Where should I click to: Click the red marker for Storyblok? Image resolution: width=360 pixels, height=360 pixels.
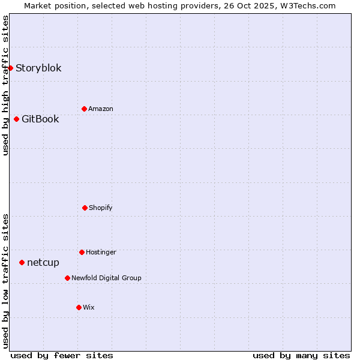coord(10,68)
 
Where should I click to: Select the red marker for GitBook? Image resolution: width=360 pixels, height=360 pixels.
coord(16,119)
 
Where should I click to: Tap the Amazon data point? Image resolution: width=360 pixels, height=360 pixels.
coord(84,109)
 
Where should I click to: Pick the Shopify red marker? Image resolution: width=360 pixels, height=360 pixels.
coord(85,208)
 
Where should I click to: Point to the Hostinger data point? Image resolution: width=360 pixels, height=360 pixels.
coord(82,252)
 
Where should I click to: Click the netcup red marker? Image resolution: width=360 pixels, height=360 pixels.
coord(22,262)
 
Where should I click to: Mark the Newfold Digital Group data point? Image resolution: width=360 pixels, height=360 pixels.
coord(67,278)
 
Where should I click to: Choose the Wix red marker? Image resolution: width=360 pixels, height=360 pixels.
coord(79,307)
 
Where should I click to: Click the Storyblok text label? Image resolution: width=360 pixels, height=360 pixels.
coord(38,68)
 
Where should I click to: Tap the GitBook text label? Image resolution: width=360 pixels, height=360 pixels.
coord(40,119)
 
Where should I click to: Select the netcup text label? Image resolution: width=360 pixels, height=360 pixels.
coord(43,262)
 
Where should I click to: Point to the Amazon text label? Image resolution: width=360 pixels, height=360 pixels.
coord(101,109)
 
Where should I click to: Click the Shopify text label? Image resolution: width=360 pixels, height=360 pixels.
coord(101,208)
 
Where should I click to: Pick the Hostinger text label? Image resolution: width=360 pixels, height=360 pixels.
coord(101,252)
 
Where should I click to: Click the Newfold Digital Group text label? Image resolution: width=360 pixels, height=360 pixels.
coord(106,278)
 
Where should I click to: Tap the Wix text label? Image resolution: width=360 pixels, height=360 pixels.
coord(89,307)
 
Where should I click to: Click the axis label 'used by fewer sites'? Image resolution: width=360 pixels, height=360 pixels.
coord(62,355)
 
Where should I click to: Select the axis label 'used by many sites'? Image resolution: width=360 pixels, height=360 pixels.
coord(301,355)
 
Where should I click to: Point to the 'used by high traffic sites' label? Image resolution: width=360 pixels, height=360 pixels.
coord(5,85)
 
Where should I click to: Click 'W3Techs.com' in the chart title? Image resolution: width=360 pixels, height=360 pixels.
coord(306,5)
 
